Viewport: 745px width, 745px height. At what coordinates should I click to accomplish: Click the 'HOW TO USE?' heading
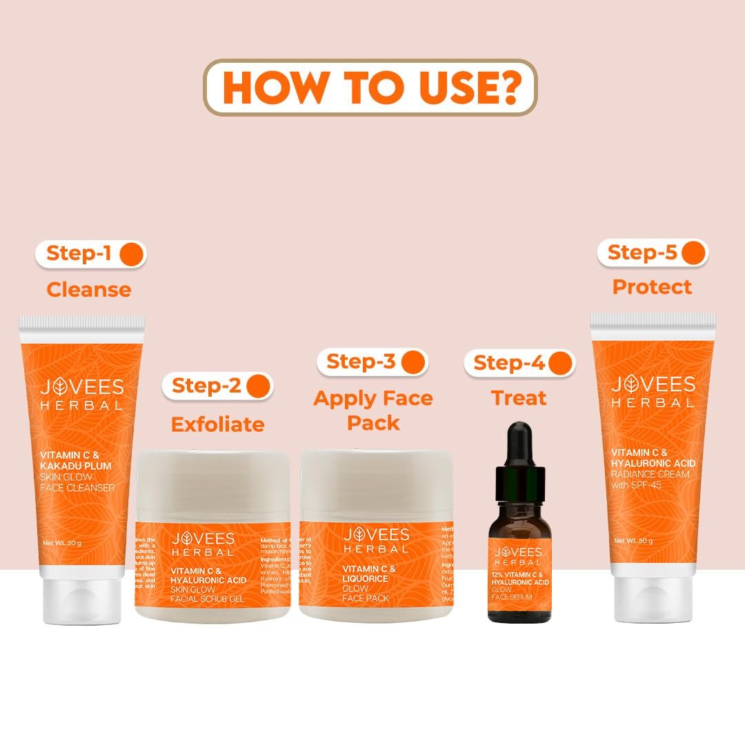(x=370, y=87)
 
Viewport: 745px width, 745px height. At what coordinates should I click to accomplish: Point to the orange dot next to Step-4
(x=561, y=364)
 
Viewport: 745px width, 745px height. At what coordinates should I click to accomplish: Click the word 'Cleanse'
(x=88, y=290)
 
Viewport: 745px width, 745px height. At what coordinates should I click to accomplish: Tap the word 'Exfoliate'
(x=217, y=424)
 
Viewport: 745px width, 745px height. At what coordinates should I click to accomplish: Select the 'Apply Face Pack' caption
(x=373, y=410)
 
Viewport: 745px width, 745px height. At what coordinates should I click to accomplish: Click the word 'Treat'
(x=518, y=398)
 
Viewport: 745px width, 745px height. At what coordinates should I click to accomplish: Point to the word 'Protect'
(x=652, y=286)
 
